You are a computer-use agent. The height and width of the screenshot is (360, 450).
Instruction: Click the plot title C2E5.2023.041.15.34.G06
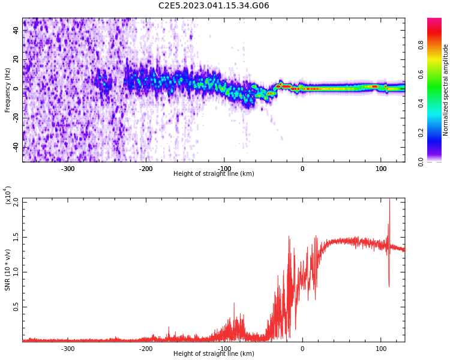(214, 6)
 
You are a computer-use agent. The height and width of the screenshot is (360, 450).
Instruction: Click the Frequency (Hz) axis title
(8, 90)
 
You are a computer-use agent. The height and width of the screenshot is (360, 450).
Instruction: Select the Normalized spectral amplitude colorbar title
(446, 90)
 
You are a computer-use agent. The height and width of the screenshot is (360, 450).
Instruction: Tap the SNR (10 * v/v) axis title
(8, 269)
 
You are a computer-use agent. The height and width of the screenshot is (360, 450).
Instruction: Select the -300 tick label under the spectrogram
(68, 169)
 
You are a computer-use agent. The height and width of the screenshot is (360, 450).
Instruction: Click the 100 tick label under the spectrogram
(381, 169)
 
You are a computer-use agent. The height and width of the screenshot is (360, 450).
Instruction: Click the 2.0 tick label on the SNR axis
(16, 202)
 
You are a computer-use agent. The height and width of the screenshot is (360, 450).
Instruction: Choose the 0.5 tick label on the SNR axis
(16, 307)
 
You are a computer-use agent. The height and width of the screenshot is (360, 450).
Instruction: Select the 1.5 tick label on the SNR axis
(16, 236)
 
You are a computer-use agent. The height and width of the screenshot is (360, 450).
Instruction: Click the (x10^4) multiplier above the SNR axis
(8, 195)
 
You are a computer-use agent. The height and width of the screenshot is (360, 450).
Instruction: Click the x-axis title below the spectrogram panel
(214, 174)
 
